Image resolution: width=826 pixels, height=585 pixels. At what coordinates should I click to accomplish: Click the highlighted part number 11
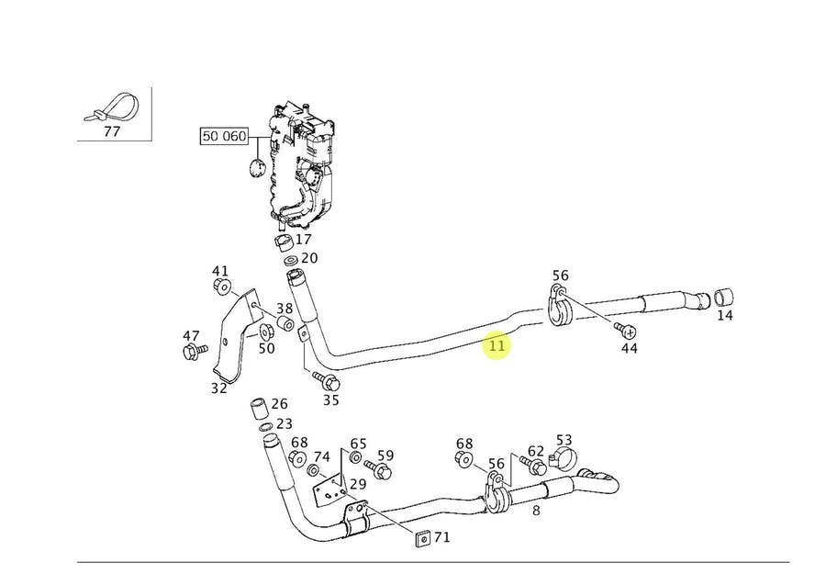point(497,346)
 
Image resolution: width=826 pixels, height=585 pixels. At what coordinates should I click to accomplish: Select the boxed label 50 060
point(225,137)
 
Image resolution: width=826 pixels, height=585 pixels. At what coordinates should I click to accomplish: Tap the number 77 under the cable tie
point(112,131)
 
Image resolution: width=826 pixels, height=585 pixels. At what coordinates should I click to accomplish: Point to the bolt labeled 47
point(193,352)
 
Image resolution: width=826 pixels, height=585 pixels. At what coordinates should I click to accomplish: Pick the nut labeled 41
point(220,287)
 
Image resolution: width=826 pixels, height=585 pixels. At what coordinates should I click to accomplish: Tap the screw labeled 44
point(627,329)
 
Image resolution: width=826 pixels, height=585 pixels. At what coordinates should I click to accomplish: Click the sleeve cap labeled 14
point(724,298)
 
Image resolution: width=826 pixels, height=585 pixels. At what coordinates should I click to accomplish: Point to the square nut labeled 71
point(420,536)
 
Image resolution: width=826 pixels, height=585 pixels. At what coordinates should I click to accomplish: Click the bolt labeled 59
point(384,471)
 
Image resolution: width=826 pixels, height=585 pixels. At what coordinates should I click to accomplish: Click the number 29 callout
point(358,484)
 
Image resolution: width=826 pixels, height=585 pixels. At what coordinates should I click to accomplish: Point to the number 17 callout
point(303,239)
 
